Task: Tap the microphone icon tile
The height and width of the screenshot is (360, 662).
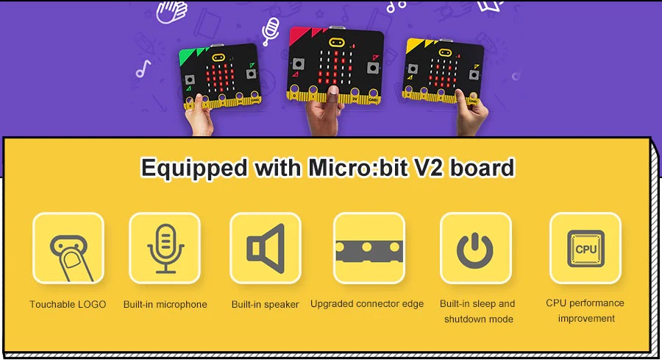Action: click(x=165, y=248)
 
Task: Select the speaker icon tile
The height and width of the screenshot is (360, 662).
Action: click(x=265, y=248)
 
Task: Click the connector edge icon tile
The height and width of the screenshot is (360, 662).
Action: click(x=369, y=248)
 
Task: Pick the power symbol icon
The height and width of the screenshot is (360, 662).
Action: click(x=475, y=250)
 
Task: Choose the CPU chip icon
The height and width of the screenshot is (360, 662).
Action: click(x=586, y=248)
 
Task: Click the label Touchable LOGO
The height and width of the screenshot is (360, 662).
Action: click(x=68, y=304)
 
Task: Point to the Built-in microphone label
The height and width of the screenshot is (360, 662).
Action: click(x=165, y=304)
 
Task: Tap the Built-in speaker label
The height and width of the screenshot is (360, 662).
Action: click(x=265, y=304)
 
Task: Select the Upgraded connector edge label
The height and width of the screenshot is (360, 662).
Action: click(x=367, y=304)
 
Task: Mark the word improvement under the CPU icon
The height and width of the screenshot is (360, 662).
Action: click(x=586, y=319)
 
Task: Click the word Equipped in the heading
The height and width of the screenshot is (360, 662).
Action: click(x=193, y=169)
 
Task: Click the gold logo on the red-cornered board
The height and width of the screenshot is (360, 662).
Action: click(x=336, y=42)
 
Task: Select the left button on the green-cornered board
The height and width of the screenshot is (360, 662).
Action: click(x=190, y=80)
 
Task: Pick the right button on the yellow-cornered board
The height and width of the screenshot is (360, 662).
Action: click(x=474, y=75)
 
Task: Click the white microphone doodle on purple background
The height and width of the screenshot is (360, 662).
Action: click(x=270, y=30)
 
